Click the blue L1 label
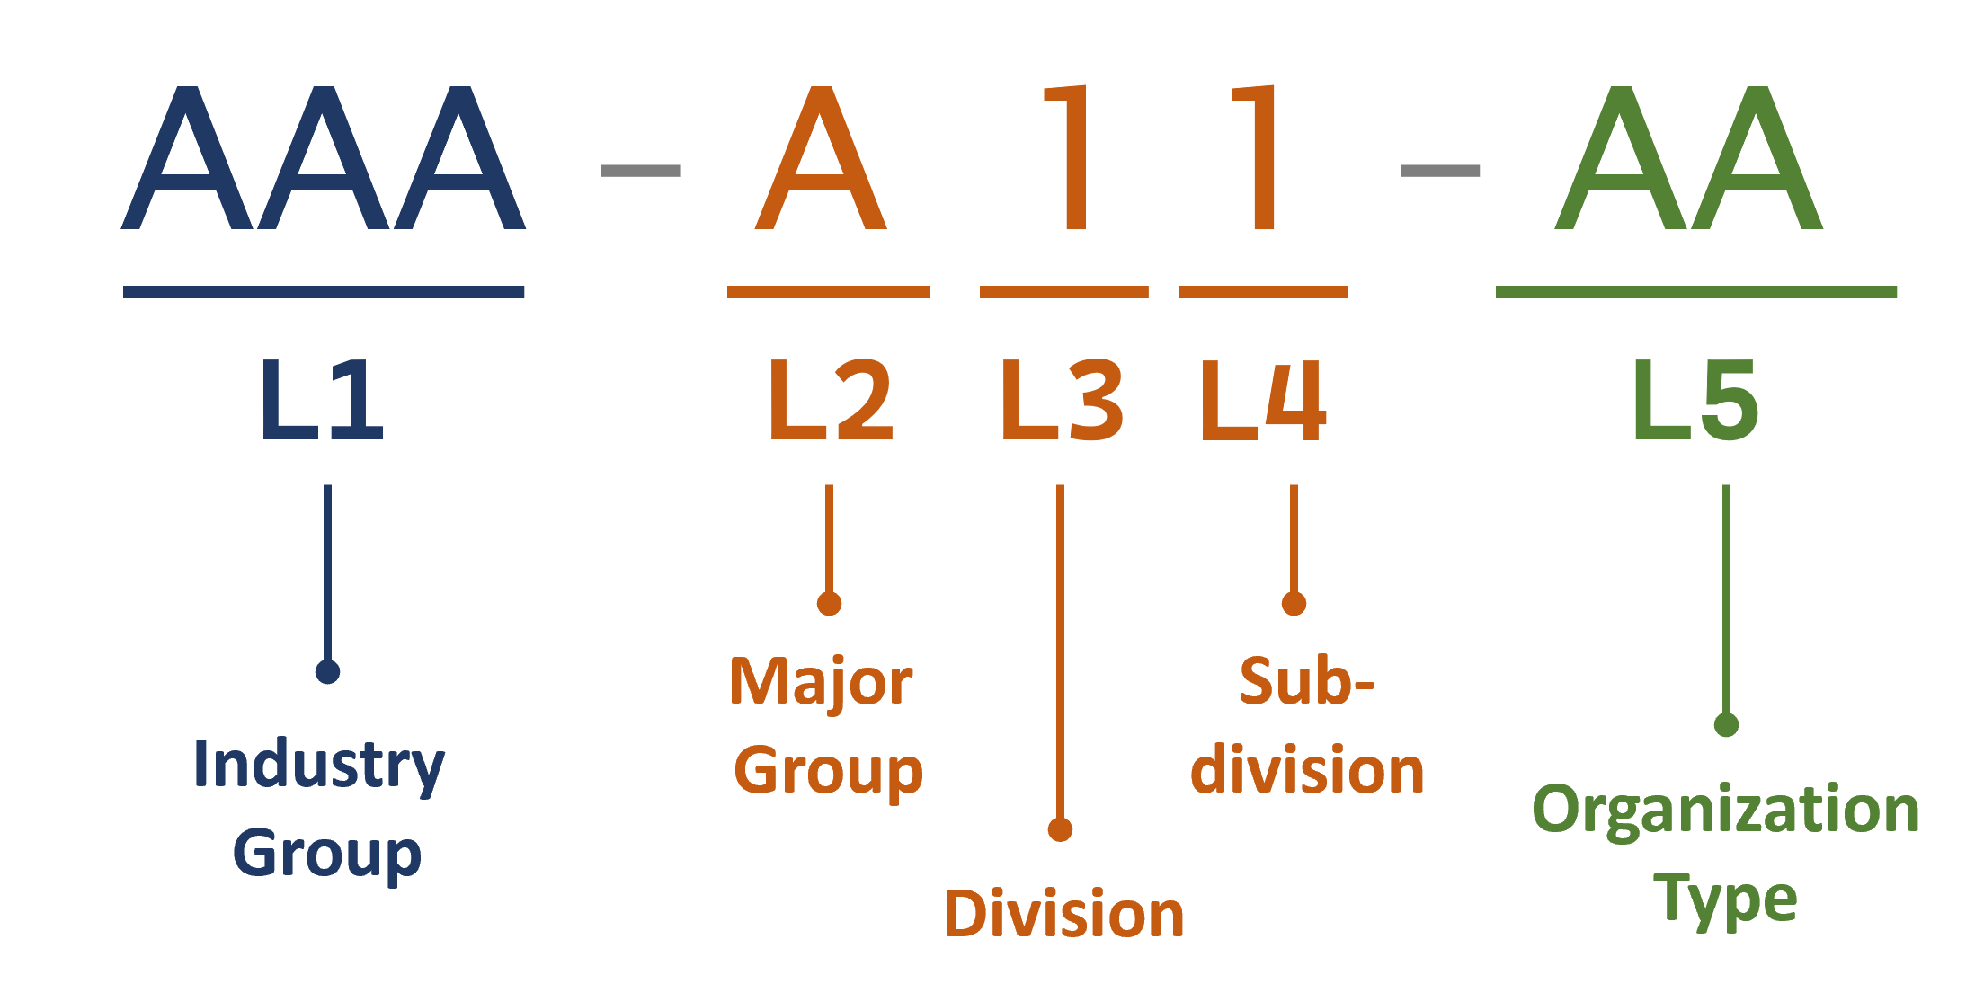click(x=323, y=401)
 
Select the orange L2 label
click(x=831, y=401)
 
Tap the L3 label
click(x=1062, y=401)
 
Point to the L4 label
click(x=1263, y=401)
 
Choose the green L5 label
click(x=1695, y=401)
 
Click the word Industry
click(x=319, y=766)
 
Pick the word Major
click(x=821, y=683)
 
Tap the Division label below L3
click(x=1064, y=915)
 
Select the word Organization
click(x=1726, y=811)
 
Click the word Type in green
click(x=1725, y=899)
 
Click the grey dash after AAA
click(x=640, y=171)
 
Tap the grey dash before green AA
click(x=1440, y=171)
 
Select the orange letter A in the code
click(x=821, y=159)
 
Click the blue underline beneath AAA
click(x=324, y=292)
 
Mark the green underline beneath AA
click(x=1696, y=292)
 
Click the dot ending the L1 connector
click(x=327, y=671)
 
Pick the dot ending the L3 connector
click(x=1060, y=829)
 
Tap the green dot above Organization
click(x=1726, y=724)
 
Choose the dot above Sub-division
click(x=1294, y=604)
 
